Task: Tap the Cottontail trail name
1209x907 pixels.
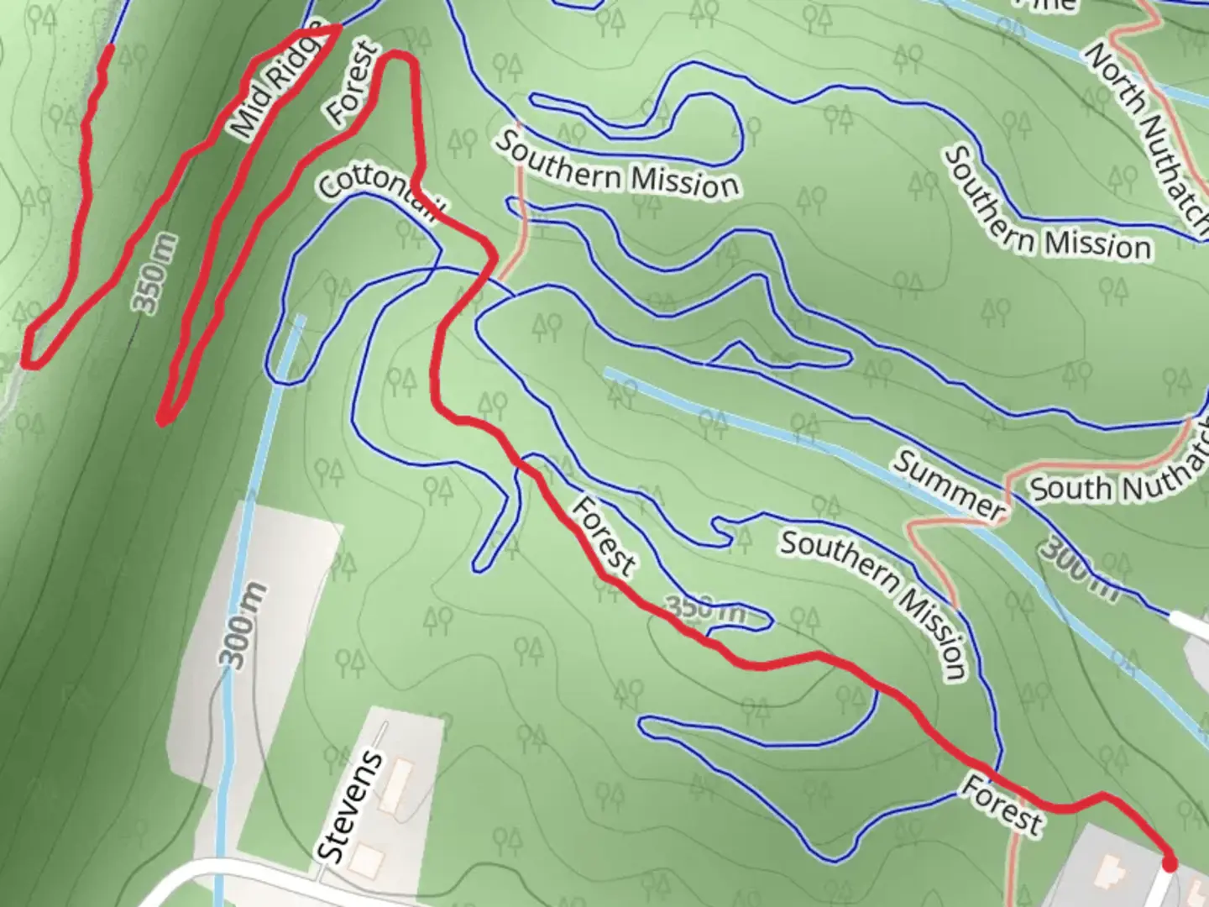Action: point(378,197)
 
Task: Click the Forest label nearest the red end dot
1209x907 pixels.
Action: point(1002,804)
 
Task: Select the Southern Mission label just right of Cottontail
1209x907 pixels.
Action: point(616,165)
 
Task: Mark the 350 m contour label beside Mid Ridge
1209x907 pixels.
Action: point(156,274)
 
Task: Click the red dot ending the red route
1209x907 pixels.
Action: point(1169,863)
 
